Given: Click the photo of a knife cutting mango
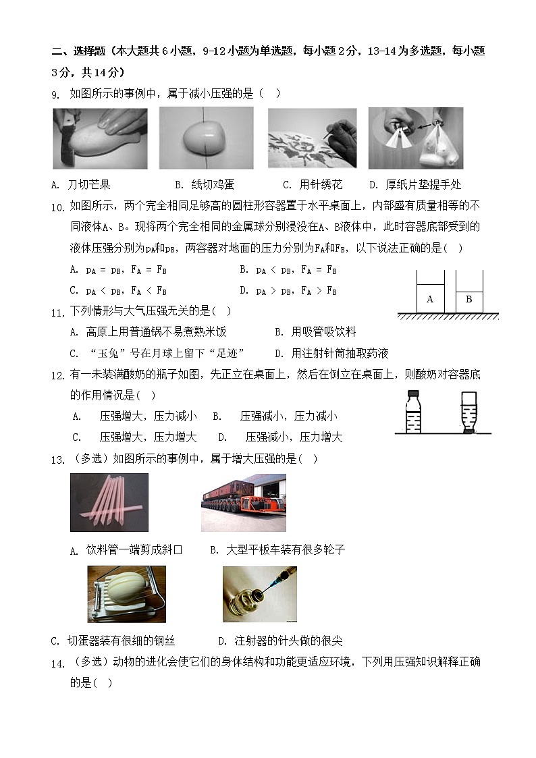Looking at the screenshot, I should click(100, 138).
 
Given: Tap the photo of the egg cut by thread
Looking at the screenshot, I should click(206, 138).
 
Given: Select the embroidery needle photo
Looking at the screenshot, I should click(312, 138).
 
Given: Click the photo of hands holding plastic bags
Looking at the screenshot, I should click(416, 138).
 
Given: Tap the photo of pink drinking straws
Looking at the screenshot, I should click(109, 502).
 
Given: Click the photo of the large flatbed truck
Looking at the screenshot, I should click(243, 502).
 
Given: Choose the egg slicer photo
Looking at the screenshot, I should click(126, 594).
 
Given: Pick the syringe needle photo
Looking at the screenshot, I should click(259, 594).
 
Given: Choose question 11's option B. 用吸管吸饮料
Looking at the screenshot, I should click(315, 332).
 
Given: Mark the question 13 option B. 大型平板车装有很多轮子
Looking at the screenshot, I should click(277, 550).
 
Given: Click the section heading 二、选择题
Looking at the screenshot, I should click(78, 51).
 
